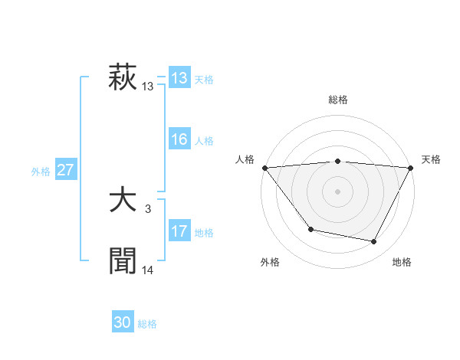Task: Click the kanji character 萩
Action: [123, 78]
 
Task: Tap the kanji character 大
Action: [123, 201]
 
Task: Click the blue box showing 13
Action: [179, 78]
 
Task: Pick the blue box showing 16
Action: [179, 139]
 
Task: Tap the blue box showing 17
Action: [179, 231]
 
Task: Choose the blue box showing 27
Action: [65, 170]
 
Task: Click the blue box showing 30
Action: [123, 322]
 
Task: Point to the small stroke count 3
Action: [148, 208]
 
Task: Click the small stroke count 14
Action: [148, 270]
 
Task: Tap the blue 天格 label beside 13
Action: [204, 80]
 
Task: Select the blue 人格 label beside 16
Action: [204, 141]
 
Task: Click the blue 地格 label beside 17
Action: [204, 233]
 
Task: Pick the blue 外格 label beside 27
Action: [41, 172]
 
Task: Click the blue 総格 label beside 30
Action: [147, 324]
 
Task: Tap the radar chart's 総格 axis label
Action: [337, 100]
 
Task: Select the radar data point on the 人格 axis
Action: [264, 168]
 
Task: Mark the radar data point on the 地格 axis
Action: [374, 242]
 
